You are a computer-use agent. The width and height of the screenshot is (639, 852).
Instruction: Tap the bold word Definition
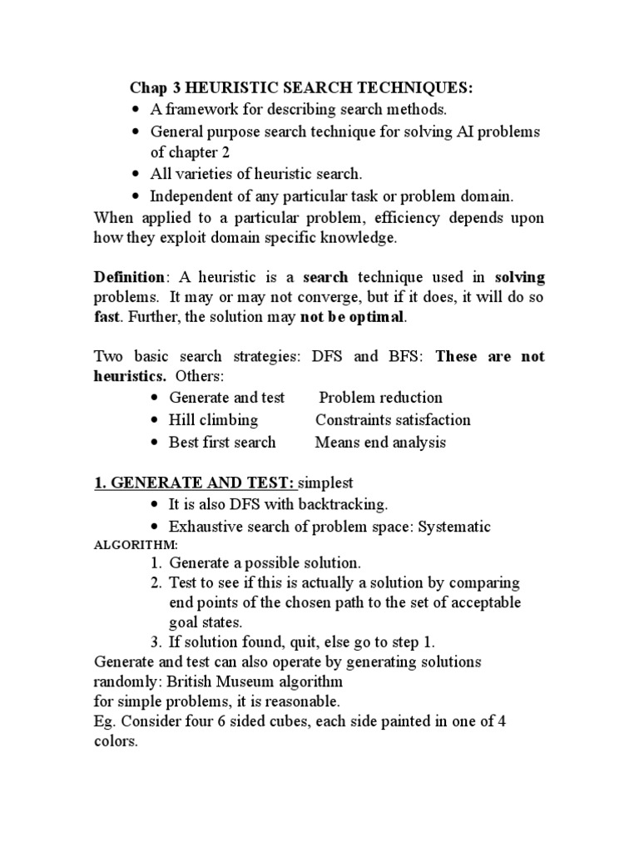[x=126, y=276]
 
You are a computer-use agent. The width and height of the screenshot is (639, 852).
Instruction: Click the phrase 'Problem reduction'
[x=381, y=398]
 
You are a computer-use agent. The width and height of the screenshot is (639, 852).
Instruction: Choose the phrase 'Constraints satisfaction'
[x=393, y=420]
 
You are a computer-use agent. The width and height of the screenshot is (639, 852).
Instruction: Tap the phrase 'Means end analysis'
[x=380, y=443]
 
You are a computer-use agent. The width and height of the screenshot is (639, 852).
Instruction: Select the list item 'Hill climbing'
[x=213, y=420]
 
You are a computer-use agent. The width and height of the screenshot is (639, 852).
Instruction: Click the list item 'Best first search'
[x=222, y=443]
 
